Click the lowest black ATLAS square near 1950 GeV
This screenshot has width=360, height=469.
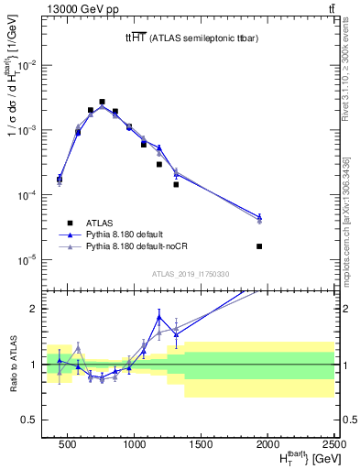point(260,246)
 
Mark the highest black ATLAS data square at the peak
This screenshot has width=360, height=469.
point(102,102)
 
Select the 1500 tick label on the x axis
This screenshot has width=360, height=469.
point(201,444)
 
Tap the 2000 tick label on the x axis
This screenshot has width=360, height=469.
point(267,444)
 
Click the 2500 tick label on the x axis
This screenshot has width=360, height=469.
point(333,444)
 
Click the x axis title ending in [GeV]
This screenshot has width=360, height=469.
point(293,459)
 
